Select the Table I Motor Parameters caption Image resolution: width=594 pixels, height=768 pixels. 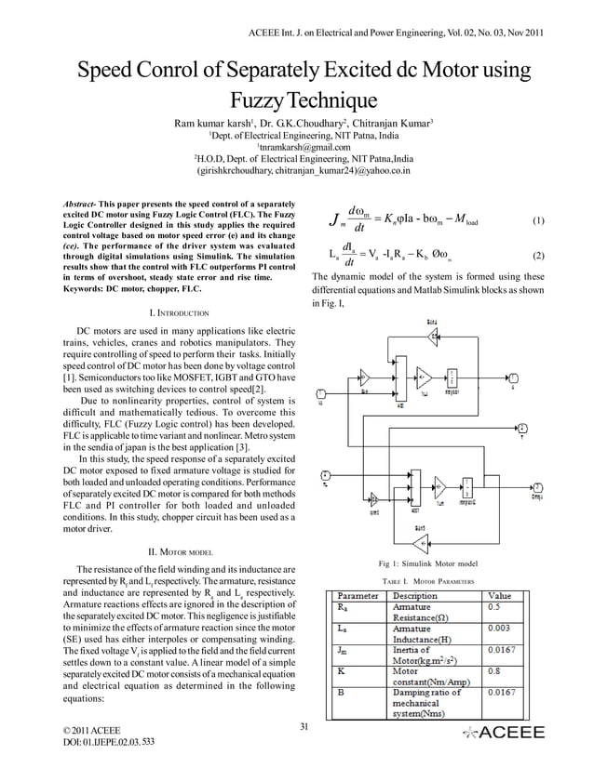point(429,581)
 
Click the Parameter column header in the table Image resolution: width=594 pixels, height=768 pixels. point(358,595)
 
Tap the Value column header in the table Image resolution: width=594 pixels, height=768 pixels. point(500,595)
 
